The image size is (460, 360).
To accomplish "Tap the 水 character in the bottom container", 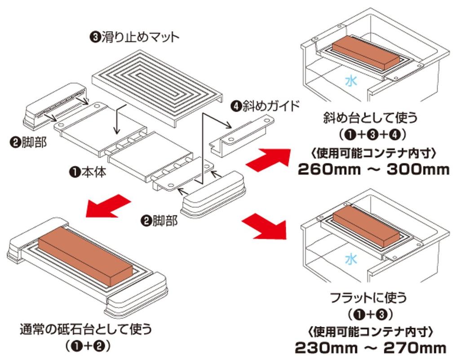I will pos(351,259).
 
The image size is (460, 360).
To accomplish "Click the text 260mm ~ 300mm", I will pos(373,169).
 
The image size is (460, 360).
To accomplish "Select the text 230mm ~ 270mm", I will pos(371,347).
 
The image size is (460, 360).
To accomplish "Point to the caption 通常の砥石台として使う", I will pos(86,329).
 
